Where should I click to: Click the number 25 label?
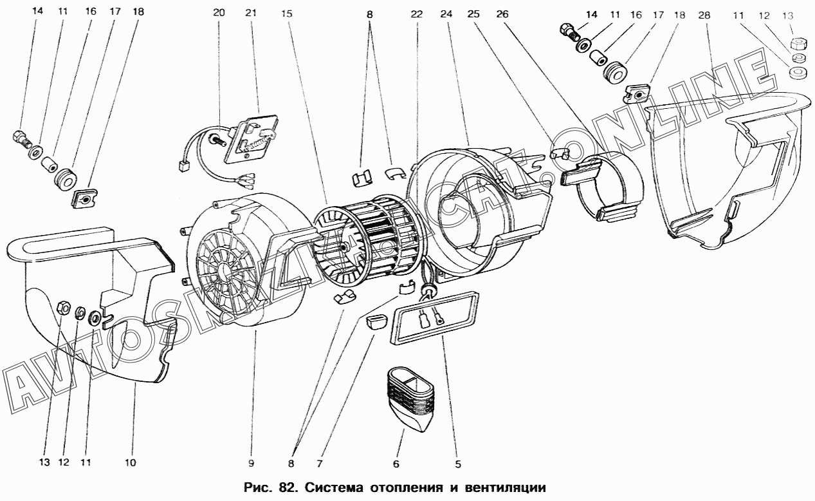tap(474, 13)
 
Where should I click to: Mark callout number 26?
tap(502, 13)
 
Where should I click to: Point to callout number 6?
tap(396, 462)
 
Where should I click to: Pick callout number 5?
tap(459, 462)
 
